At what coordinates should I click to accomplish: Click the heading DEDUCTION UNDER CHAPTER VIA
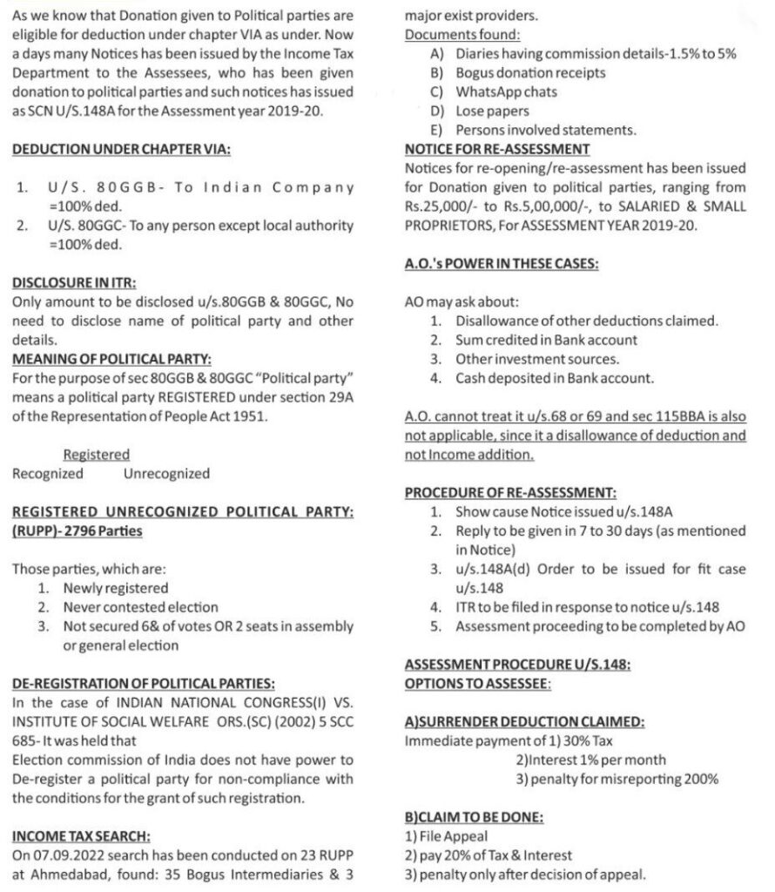(121, 149)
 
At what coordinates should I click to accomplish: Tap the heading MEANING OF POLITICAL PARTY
(111, 360)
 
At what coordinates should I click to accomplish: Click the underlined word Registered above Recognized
(97, 455)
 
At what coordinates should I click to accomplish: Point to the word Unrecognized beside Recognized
(166, 474)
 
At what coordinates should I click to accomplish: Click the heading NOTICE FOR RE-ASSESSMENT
(497, 149)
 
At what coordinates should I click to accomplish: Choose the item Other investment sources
(537, 359)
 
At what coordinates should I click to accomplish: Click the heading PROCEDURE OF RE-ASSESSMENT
(511, 493)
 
